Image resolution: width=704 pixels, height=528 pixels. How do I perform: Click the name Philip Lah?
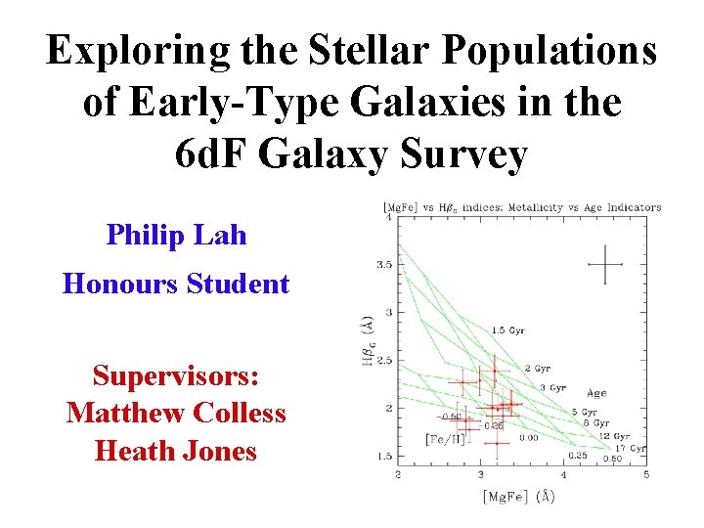click(176, 236)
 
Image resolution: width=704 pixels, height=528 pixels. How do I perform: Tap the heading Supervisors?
click(176, 375)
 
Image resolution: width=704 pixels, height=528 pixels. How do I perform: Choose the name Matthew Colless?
click(176, 414)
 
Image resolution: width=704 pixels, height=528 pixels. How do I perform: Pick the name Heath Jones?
click(176, 452)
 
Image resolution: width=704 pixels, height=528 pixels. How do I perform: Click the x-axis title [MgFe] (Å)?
click(518, 497)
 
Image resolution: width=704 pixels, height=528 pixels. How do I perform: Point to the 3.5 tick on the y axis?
click(385, 264)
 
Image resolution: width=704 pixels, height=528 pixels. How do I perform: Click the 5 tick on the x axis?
click(646, 474)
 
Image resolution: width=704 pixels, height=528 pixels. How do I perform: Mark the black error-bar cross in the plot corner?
click(606, 263)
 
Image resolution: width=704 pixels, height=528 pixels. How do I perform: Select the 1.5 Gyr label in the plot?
click(508, 330)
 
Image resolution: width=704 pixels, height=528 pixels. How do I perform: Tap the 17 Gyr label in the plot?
click(631, 448)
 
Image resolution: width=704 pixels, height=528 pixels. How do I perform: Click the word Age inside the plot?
click(595, 393)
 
